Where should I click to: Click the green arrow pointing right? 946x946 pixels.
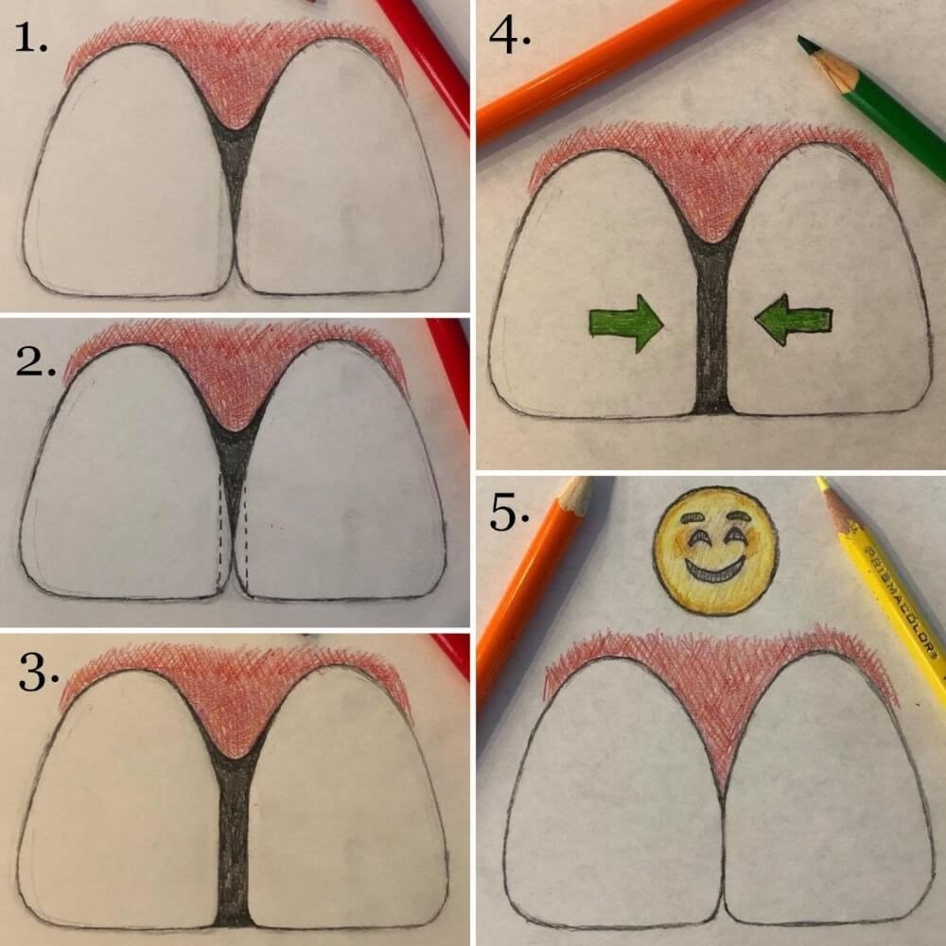[x=625, y=322]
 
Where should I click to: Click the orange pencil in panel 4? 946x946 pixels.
[x=605, y=61]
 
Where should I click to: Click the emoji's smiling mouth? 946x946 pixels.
[x=714, y=573]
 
